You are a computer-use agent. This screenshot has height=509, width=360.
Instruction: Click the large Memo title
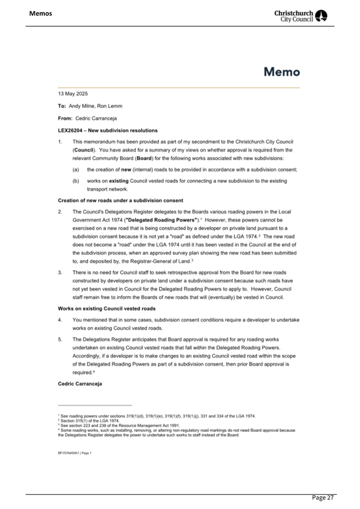(282, 71)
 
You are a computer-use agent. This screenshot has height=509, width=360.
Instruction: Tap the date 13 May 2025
(73, 93)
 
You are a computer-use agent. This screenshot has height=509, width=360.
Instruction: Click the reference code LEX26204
(71, 130)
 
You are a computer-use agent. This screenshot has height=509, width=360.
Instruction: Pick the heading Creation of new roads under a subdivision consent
(120, 200)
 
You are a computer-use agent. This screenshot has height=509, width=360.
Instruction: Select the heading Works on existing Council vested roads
(103, 308)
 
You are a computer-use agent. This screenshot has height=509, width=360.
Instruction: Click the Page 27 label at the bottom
(323, 498)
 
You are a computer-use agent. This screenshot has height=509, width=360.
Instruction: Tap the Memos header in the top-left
(41, 13)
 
